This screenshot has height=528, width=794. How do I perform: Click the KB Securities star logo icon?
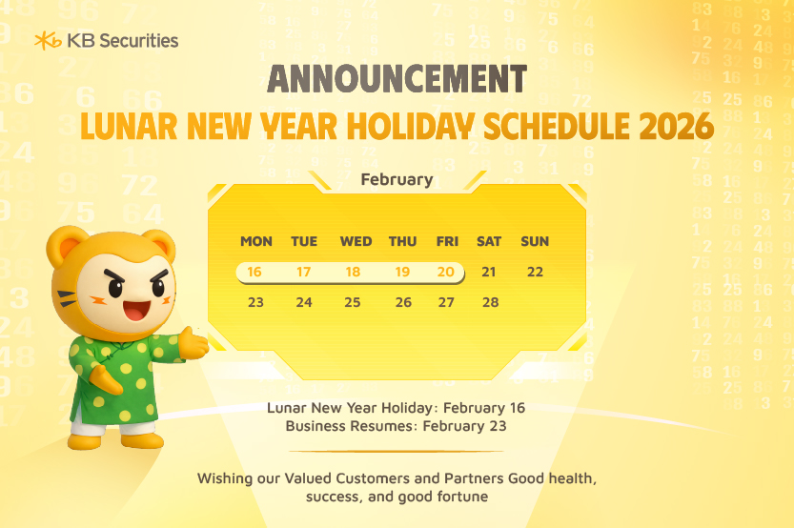(x=48, y=40)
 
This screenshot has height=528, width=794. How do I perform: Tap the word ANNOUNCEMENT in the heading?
(x=397, y=79)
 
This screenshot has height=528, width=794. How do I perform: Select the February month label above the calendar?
(x=397, y=179)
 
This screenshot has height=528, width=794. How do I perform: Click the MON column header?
(x=255, y=242)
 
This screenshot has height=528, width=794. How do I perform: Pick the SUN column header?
(x=535, y=242)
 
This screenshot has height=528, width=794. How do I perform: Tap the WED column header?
(x=356, y=242)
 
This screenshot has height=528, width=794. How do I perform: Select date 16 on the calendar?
(x=254, y=273)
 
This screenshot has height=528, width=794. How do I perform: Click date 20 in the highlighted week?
(x=446, y=273)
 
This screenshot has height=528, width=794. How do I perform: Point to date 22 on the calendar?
(x=535, y=273)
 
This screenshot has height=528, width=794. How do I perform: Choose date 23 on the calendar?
(x=255, y=303)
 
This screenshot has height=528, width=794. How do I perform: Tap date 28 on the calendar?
(x=490, y=303)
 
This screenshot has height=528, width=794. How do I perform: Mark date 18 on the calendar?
(x=353, y=273)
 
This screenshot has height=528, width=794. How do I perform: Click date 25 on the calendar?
(x=353, y=303)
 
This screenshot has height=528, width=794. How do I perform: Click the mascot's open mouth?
(x=135, y=310)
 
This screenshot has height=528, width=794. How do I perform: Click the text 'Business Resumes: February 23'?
(x=396, y=426)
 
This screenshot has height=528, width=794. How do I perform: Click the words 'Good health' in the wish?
(x=552, y=477)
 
